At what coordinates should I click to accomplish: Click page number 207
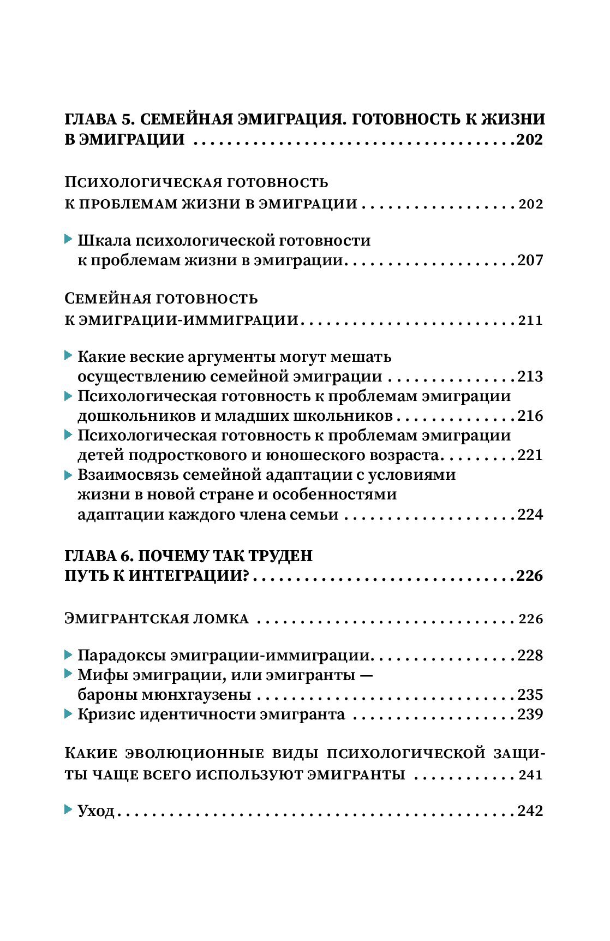click(x=530, y=260)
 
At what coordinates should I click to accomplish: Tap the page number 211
click(x=531, y=320)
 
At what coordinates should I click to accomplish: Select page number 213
click(x=530, y=377)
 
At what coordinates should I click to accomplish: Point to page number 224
click(x=530, y=515)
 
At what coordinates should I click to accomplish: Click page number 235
click(x=530, y=695)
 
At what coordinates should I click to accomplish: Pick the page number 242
click(x=530, y=811)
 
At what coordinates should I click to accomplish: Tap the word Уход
click(x=96, y=811)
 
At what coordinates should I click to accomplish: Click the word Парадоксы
click(x=121, y=656)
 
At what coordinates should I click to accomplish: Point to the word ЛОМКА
click(x=221, y=619)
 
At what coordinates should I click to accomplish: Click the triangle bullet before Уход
click(x=68, y=810)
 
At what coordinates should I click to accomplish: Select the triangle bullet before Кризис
click(x=68, y=714)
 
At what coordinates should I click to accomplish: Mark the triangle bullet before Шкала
click(x=68, y=240)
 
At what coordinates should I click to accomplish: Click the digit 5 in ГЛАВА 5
click(x=129, y=120)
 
